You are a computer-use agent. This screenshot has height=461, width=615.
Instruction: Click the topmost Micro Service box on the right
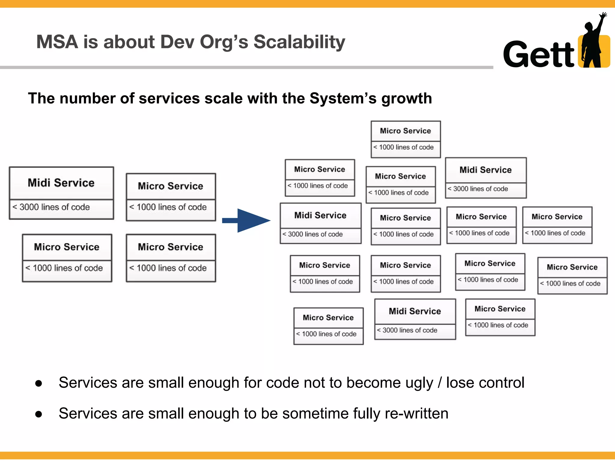coord(406,139)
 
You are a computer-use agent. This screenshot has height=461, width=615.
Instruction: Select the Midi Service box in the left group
coord(61,193)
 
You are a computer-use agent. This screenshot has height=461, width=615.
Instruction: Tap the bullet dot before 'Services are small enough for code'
coord(38,383)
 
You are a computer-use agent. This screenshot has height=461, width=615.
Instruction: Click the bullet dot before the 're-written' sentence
coord(38,414)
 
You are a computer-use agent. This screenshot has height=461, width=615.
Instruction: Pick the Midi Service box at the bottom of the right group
coord(415,319)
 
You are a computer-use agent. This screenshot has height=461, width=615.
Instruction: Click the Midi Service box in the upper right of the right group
coord(486,178)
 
